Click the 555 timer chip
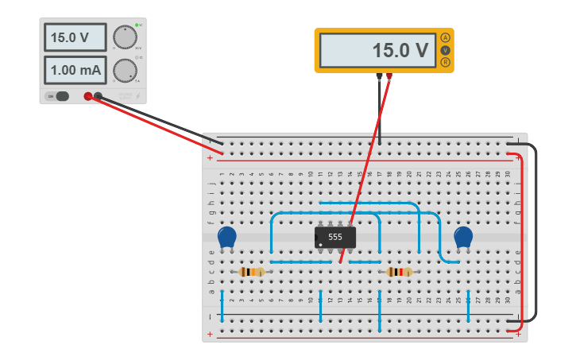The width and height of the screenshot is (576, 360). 335,237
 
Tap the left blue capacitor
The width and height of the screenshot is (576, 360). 227,237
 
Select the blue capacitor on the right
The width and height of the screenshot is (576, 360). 463,237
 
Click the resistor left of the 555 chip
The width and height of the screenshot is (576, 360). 252,272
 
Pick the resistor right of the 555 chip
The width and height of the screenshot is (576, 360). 400,272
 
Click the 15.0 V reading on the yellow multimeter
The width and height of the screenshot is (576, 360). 377,50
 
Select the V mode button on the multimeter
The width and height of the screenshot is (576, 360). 445,50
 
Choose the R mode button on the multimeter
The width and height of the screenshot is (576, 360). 445,62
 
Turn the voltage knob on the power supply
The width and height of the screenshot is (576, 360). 124,37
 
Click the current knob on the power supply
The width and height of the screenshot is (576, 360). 124,70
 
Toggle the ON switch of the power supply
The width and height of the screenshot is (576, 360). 58,96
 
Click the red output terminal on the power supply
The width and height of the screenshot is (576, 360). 88,96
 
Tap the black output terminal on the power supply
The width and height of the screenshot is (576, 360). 99,96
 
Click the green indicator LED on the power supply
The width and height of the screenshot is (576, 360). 137,25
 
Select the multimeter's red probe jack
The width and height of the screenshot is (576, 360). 389,77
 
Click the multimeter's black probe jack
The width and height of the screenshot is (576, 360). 378,77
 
